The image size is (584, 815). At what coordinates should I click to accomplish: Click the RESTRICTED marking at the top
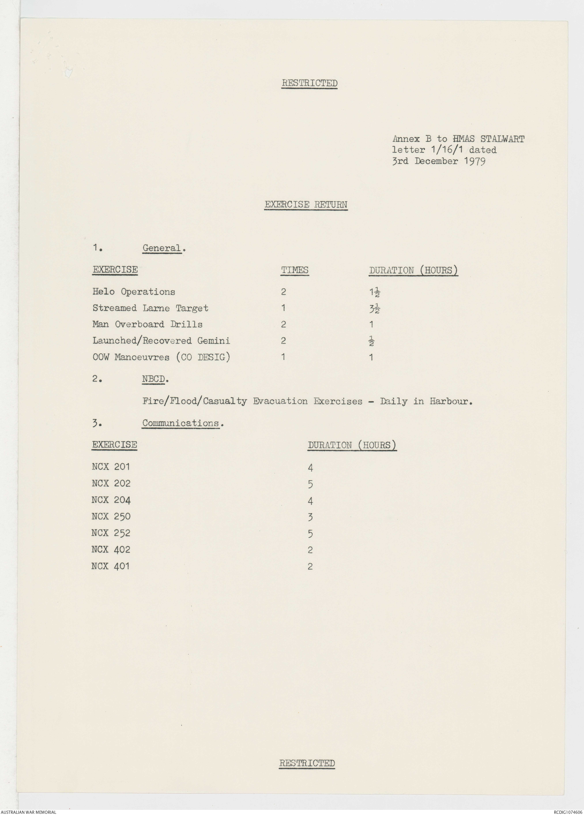(x=309, y=83)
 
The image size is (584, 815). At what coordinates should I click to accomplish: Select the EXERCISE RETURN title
(x=306, y=204)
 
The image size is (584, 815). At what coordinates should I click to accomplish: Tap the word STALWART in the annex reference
(x=502, y=139)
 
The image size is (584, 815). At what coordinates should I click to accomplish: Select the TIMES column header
(x=295, y=270)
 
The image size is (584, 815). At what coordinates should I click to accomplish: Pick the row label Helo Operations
(x=134, y=292)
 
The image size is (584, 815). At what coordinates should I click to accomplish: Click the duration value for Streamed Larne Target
(x=374, y=308)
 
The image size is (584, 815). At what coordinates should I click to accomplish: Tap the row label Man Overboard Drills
(x=147, y=324)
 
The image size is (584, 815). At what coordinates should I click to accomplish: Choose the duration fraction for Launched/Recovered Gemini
(x=371, y=341)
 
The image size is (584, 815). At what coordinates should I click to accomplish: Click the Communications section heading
(x=181, y=423)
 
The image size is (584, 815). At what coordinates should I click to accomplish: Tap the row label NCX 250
(x=111, y=516)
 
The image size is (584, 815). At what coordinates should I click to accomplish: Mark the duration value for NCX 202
(x=310, y=484)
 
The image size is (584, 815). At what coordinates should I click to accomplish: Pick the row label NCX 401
(x=110, y=566)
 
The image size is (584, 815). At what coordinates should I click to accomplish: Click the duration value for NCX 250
(x=310, y=517)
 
